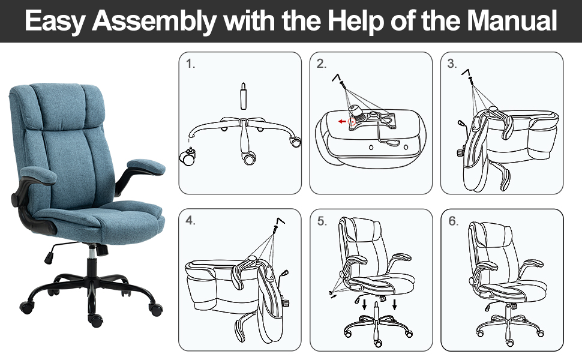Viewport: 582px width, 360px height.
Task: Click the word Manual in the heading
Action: pos(512,21)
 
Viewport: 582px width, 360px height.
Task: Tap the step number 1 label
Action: pos(191,64)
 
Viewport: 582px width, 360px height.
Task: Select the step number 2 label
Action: pos(322,64)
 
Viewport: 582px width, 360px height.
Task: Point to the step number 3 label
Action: pos(452,64)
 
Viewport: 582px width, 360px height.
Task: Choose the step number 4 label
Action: pos(191,221)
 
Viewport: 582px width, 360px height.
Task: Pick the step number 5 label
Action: pos(322,221)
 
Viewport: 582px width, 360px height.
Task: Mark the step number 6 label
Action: pos(453,221)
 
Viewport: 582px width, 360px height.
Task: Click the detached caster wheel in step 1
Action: pos(187,158)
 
